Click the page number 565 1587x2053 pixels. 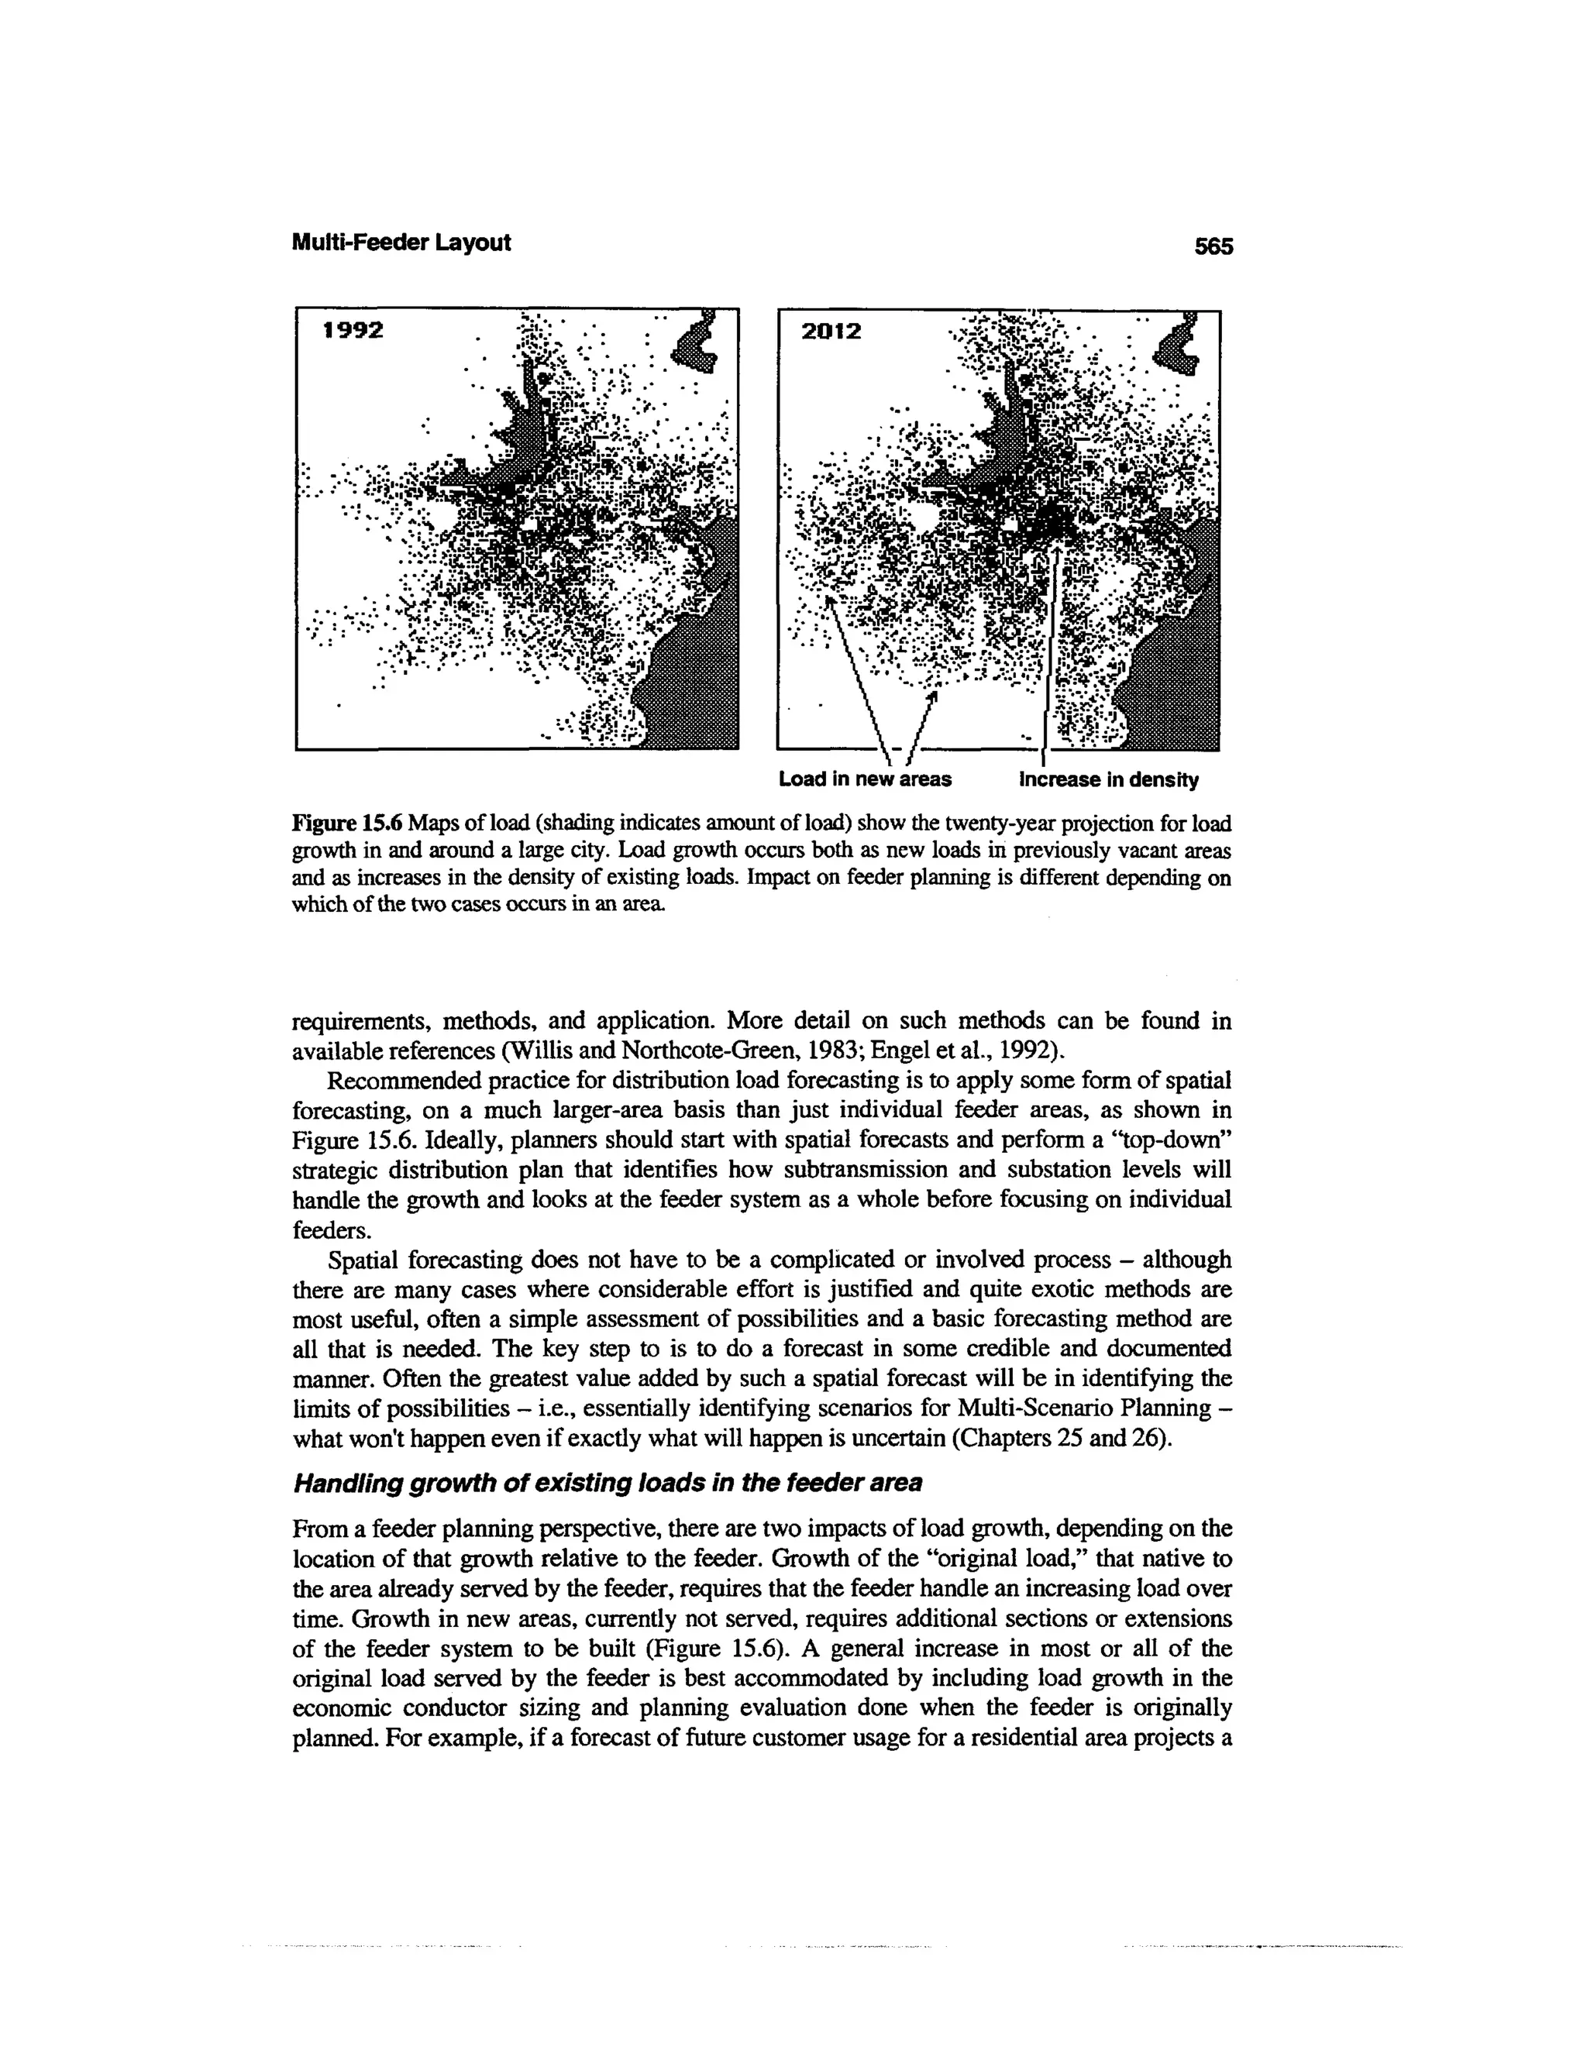(1212, 246)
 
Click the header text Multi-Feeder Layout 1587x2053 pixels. (401, 242)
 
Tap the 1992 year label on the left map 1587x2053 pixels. (353, 331)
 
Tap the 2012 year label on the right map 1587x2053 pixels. (830, 332)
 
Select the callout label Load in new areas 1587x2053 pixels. (864, 779)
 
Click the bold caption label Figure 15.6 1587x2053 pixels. (347, 824)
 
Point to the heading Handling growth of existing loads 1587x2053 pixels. (608, 1484)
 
